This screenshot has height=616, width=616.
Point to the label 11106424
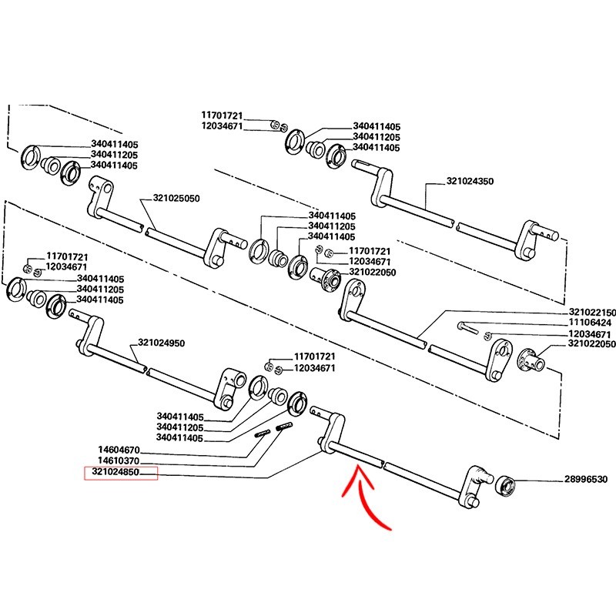591,323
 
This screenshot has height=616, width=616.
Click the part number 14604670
119,449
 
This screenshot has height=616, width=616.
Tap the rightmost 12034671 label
591,334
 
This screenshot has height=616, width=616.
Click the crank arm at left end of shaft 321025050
100,198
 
